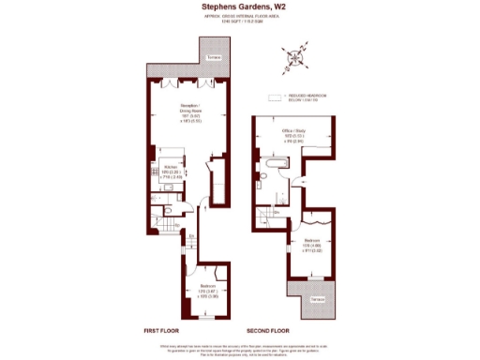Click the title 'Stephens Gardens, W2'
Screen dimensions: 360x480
240,7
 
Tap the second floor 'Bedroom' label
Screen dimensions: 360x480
311,246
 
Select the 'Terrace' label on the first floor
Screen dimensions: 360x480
215,58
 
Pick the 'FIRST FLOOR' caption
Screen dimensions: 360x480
162,332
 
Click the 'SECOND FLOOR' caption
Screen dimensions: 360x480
266,332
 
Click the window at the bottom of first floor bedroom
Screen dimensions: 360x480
208,320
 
